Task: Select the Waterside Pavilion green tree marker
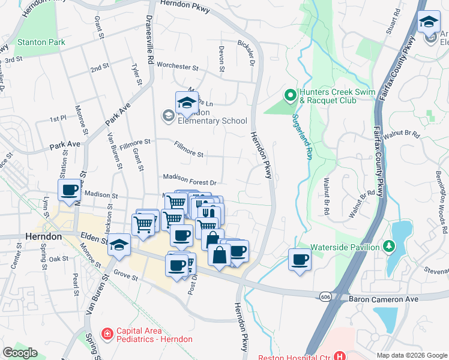[x=388, y=247]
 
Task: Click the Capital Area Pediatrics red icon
[x=107, y=333]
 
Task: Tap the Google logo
[x=19, y=353]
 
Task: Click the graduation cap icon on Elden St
[x=120, y=245]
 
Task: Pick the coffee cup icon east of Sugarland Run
[x=300, y=259]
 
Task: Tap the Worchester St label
[x=177, y=67]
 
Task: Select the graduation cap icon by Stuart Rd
[x=429, y=22]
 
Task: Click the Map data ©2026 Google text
[x=412, y=355]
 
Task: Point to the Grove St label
[x=127, y=278]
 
